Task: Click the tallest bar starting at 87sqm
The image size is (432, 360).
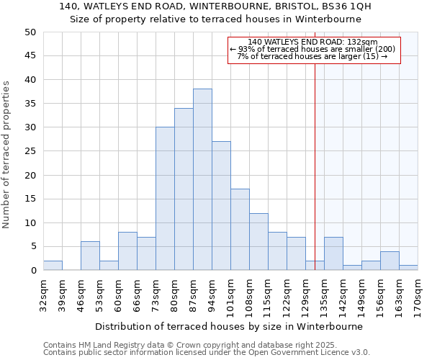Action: pyautogui.click(x=202, y=180)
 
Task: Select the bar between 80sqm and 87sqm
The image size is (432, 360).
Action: pyautogui.click(x=184, y=189)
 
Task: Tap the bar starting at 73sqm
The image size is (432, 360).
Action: pyautogui.click(x=165, y=199)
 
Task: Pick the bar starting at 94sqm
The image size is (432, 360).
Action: pyautogui.click(x=221, y=206)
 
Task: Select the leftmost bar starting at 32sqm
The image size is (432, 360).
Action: pyautogui.click(x=53, y=266)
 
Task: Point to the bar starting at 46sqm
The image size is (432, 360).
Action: pyautogui.click(x=90, y=256)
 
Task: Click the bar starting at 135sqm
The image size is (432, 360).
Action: pyautogui.click(x=333, y=253)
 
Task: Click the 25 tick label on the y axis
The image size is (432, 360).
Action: pyautogui.click(x=30, y=151)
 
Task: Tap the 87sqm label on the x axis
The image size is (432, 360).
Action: pyautogui.click(x=193, y=294)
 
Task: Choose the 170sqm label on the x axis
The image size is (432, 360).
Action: pyautogui.click(x=418, y=294)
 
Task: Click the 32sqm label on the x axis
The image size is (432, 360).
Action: pyautogui.click(x=43, y=294)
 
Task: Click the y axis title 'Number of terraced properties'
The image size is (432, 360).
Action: pyautogui.click(x=6, y=154)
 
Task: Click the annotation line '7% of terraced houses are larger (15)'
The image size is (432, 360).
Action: pyautogui.click(x=312, y=56)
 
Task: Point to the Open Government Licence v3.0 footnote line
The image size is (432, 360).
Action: pyautogui.click(x=207, y=352)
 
